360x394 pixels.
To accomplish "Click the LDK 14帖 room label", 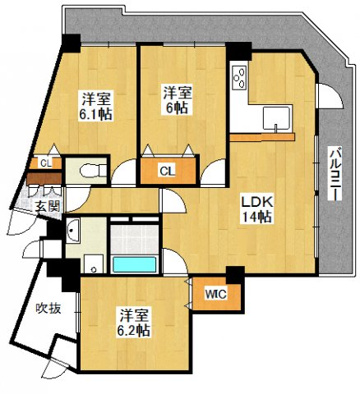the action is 257,208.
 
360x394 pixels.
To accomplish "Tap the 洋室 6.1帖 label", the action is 95,105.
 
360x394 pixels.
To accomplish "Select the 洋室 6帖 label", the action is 177,100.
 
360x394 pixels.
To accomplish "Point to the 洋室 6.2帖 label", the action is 133,323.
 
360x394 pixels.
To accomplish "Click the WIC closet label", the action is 216,294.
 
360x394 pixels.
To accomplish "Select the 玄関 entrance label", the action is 47,207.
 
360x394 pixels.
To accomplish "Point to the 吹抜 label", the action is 48,309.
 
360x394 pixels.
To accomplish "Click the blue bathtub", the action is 135,265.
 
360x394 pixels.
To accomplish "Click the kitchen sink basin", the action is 276,119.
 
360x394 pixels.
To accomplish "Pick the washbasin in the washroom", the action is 73,231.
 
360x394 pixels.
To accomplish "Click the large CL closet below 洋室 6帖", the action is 168,170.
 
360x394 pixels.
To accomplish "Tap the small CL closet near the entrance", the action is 46,163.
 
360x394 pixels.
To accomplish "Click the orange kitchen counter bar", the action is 262,137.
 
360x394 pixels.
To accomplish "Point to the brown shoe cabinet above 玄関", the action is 44,179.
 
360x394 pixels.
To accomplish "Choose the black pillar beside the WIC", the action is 235,275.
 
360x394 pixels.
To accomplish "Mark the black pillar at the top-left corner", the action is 71,43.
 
